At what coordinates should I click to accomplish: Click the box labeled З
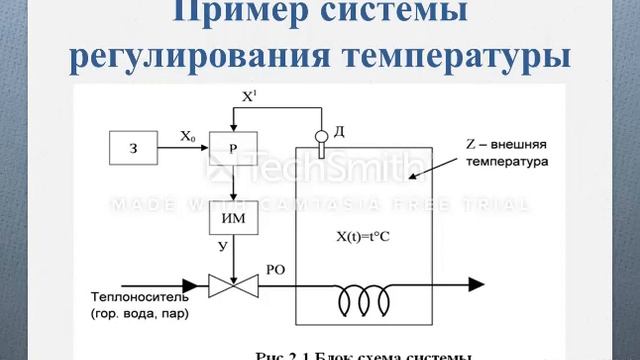coord(133,148)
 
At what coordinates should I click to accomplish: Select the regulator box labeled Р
coord(232,148)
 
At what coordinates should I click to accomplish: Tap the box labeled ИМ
coord(232,217)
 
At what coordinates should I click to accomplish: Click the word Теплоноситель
coord(140,298)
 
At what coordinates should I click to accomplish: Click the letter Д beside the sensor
coord(340,130)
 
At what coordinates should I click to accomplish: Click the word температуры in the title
coord(463,54)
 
